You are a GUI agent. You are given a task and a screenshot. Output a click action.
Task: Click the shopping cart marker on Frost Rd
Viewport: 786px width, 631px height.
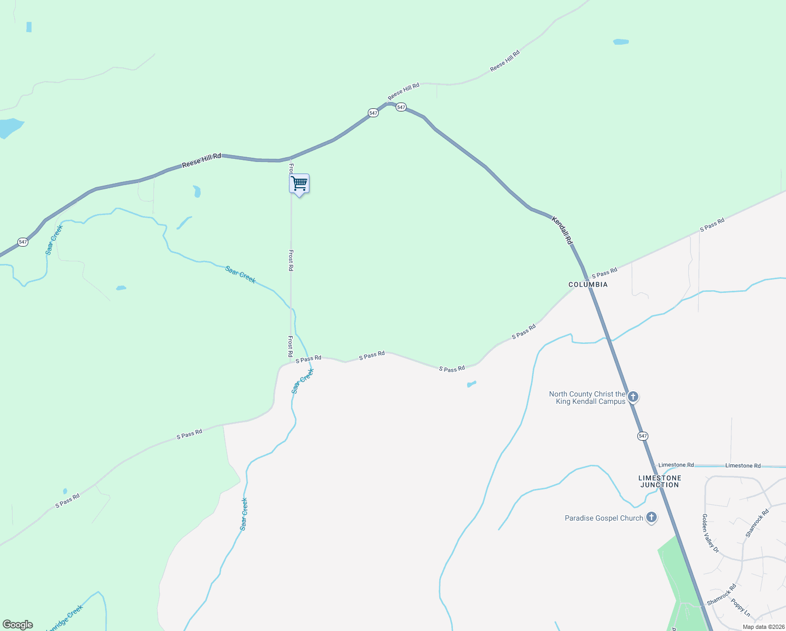click(299, 184)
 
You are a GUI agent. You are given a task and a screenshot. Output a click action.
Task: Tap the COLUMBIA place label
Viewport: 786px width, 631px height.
click(588, 284)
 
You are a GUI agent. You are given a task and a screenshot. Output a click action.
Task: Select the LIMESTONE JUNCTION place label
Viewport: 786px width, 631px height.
click(659, 481)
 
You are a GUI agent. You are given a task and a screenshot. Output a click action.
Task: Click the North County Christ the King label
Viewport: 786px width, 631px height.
click(587, 398)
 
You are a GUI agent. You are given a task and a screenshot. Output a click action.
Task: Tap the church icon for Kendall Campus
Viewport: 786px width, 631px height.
click(633, 397)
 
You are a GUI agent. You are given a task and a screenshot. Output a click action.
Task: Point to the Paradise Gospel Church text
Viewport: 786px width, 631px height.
click(604, 518)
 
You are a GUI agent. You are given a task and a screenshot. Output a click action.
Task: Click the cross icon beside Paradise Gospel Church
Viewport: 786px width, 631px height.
click(651, 517)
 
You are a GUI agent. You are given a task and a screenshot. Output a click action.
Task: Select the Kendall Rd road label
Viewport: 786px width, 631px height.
click(562, 231)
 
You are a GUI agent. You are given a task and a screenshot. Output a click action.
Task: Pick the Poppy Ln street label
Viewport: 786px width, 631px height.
click(741, 607)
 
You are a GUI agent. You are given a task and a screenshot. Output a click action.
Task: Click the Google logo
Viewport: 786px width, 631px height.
click(18, 625)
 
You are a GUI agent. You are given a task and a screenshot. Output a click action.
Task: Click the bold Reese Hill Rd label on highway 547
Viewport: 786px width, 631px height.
click(202, 160)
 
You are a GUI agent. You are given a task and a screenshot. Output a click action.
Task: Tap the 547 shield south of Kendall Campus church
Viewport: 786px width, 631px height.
click(643, 436)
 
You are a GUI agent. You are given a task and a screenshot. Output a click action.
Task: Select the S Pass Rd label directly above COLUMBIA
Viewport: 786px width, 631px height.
click(604, 272)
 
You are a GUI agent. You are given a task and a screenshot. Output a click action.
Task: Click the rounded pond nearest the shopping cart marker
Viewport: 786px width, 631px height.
click(197, 191)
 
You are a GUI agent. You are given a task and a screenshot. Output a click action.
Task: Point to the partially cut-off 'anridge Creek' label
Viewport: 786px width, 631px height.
click(64, 618)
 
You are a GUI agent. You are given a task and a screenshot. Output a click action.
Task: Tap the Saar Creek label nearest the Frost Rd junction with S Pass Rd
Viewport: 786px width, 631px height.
click(303, 381)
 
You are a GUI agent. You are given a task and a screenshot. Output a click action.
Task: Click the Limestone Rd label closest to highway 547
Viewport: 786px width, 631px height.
click(676, 465)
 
